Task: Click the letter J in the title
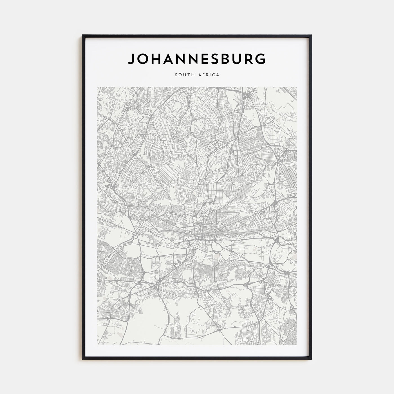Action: click(131, 59)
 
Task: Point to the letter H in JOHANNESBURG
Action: click(155, 59)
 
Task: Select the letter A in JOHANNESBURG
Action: click(168, 59)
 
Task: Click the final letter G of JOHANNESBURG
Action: click(261, 59)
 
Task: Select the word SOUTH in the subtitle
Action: click(182, 75)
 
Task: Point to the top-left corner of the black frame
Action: click(83, 35)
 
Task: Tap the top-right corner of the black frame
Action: click(311, 35)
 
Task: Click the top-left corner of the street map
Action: click(97, 87)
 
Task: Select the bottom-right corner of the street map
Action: click(297, 344)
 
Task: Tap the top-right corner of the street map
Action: click(297, 87)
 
